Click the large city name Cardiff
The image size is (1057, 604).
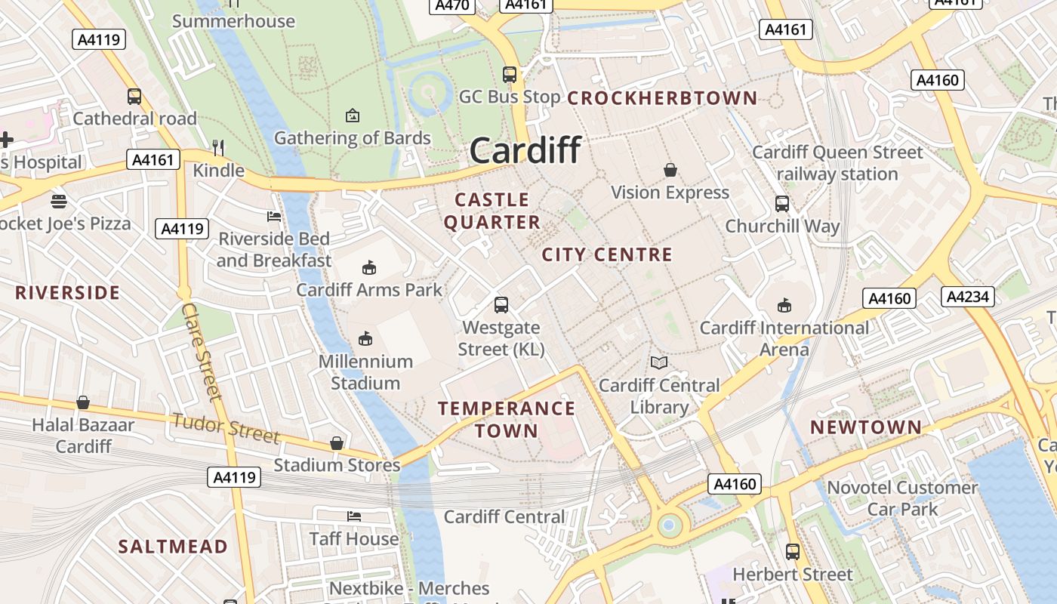(525, 150)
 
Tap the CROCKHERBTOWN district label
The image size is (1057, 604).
(662, 98)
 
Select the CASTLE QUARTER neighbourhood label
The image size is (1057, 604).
(492, 211)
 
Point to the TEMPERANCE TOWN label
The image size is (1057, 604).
(507, 420)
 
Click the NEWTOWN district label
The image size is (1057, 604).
(866, 427)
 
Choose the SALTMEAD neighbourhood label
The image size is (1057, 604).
(173, 547)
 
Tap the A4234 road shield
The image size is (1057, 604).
(968, 297)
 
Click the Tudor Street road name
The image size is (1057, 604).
(226, 428)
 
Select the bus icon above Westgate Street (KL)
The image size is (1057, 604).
(501, 305)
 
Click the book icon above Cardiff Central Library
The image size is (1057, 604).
(659, 363)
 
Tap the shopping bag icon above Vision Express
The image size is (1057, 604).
(670, 170)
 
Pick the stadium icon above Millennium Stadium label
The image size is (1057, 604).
(365, 338)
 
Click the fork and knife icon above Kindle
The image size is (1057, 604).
(218, 147)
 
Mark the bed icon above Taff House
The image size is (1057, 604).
(353, 516)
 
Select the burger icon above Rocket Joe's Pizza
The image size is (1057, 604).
(59, 202)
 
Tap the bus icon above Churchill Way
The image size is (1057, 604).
(782, 204)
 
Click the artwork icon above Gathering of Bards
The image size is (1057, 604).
(352, 116)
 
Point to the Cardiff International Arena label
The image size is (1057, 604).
(784, 339)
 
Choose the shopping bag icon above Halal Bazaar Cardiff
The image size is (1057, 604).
(83, 402)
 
